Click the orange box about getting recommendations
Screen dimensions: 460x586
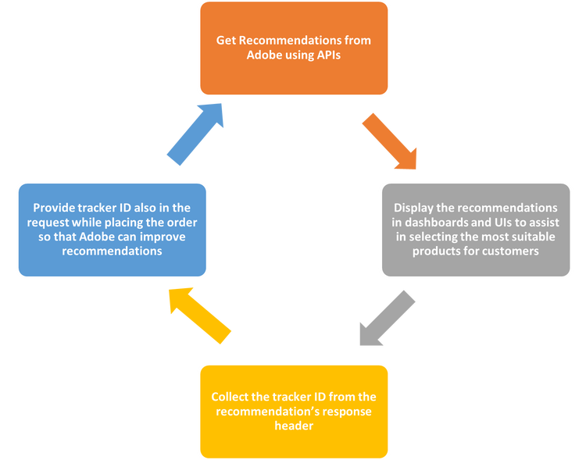pyautogui.click(x=294, y=48)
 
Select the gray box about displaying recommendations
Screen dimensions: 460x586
pyautogui.click(x=475, y=230)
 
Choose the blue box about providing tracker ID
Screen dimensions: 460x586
pyautogui.click(x=113, y=230)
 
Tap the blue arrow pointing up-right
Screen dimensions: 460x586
pyautogui.click(x=196, y=134)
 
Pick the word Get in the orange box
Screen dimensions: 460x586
pyautogui.click(x=227, y=41)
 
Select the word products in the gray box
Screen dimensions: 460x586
pyautogui.click(x=447, y=251)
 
